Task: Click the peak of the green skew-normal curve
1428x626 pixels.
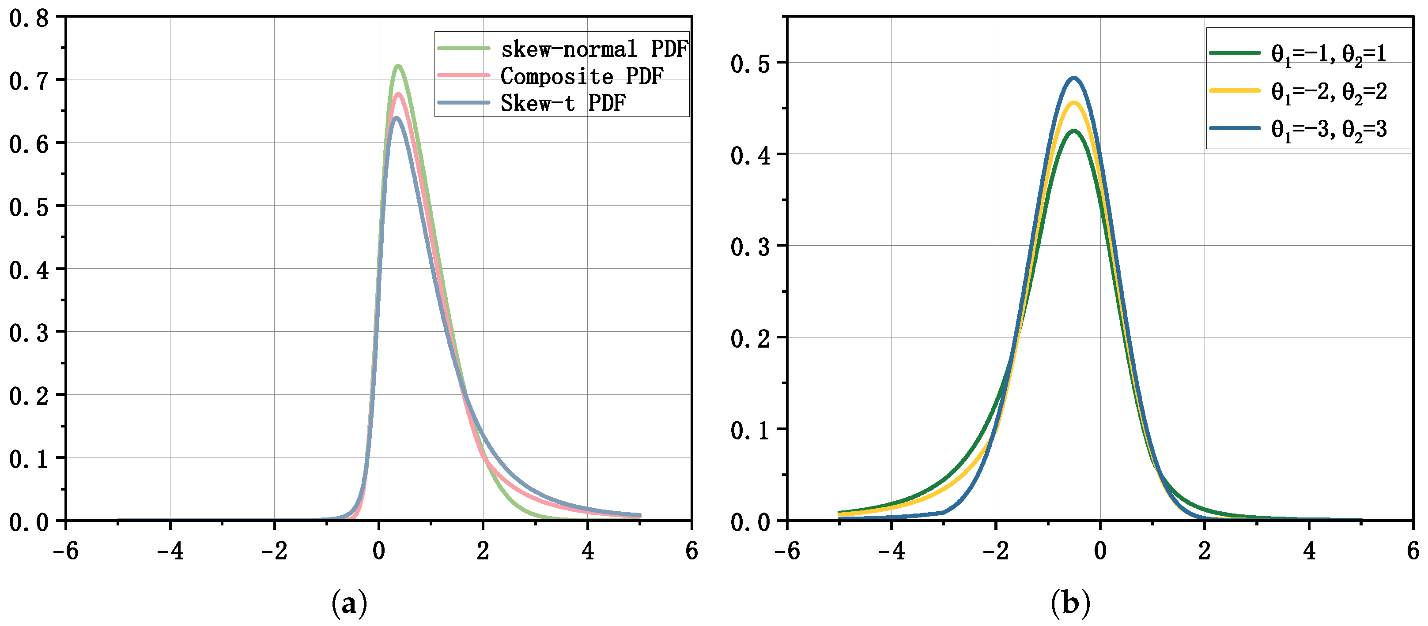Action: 398,66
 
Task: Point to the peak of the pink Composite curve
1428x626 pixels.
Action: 397,94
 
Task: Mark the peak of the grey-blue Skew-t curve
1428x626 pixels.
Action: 396,117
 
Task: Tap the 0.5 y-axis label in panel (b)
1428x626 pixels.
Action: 750,64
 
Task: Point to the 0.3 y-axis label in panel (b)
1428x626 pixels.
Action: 750,247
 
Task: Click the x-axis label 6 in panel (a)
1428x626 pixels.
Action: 691,551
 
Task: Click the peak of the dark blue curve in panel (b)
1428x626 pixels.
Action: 1074,78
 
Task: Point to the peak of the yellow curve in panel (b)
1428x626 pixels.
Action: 1074,102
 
